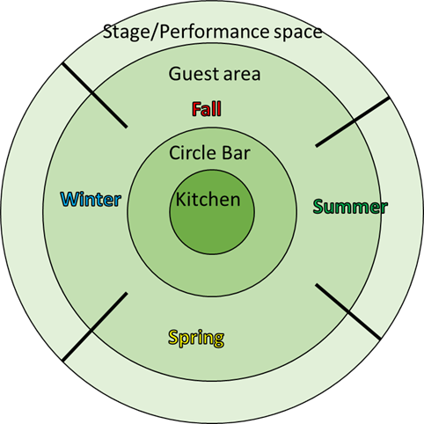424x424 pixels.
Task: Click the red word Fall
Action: pyautogui.click(x=207, y=109)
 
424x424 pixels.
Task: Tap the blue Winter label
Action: pyautogui.click(x=91, y=200)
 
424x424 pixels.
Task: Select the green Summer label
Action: pyautogui.click(x=350, y=207)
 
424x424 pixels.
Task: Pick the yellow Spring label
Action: pyautogui.click(x=196, y=338)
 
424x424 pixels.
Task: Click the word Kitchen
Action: pyautogui.click(x=208, y=200)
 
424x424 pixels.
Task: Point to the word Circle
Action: pyautogui.click(x=191, y=153)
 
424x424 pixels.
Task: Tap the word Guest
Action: pyautogui.click(x=194, y=74)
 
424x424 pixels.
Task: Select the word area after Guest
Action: pyautogui.click(x=242, y=75)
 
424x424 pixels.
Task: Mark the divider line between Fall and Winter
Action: pyautogui.click(x=94, y=96)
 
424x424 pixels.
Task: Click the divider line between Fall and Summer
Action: pyautogui.click(x=353, y=122)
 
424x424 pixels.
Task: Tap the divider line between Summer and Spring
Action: pyautogui.click(x=348, y=311)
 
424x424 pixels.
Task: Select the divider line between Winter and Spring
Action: pyautogui.click(x=95, y=326)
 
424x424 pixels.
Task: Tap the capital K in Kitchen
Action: pyautogui.click(x=180, y=200)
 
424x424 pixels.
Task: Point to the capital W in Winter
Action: pyautogui.click(x=70, y=200)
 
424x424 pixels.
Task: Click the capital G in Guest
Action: pyautogui.click(x=174, y=74)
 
